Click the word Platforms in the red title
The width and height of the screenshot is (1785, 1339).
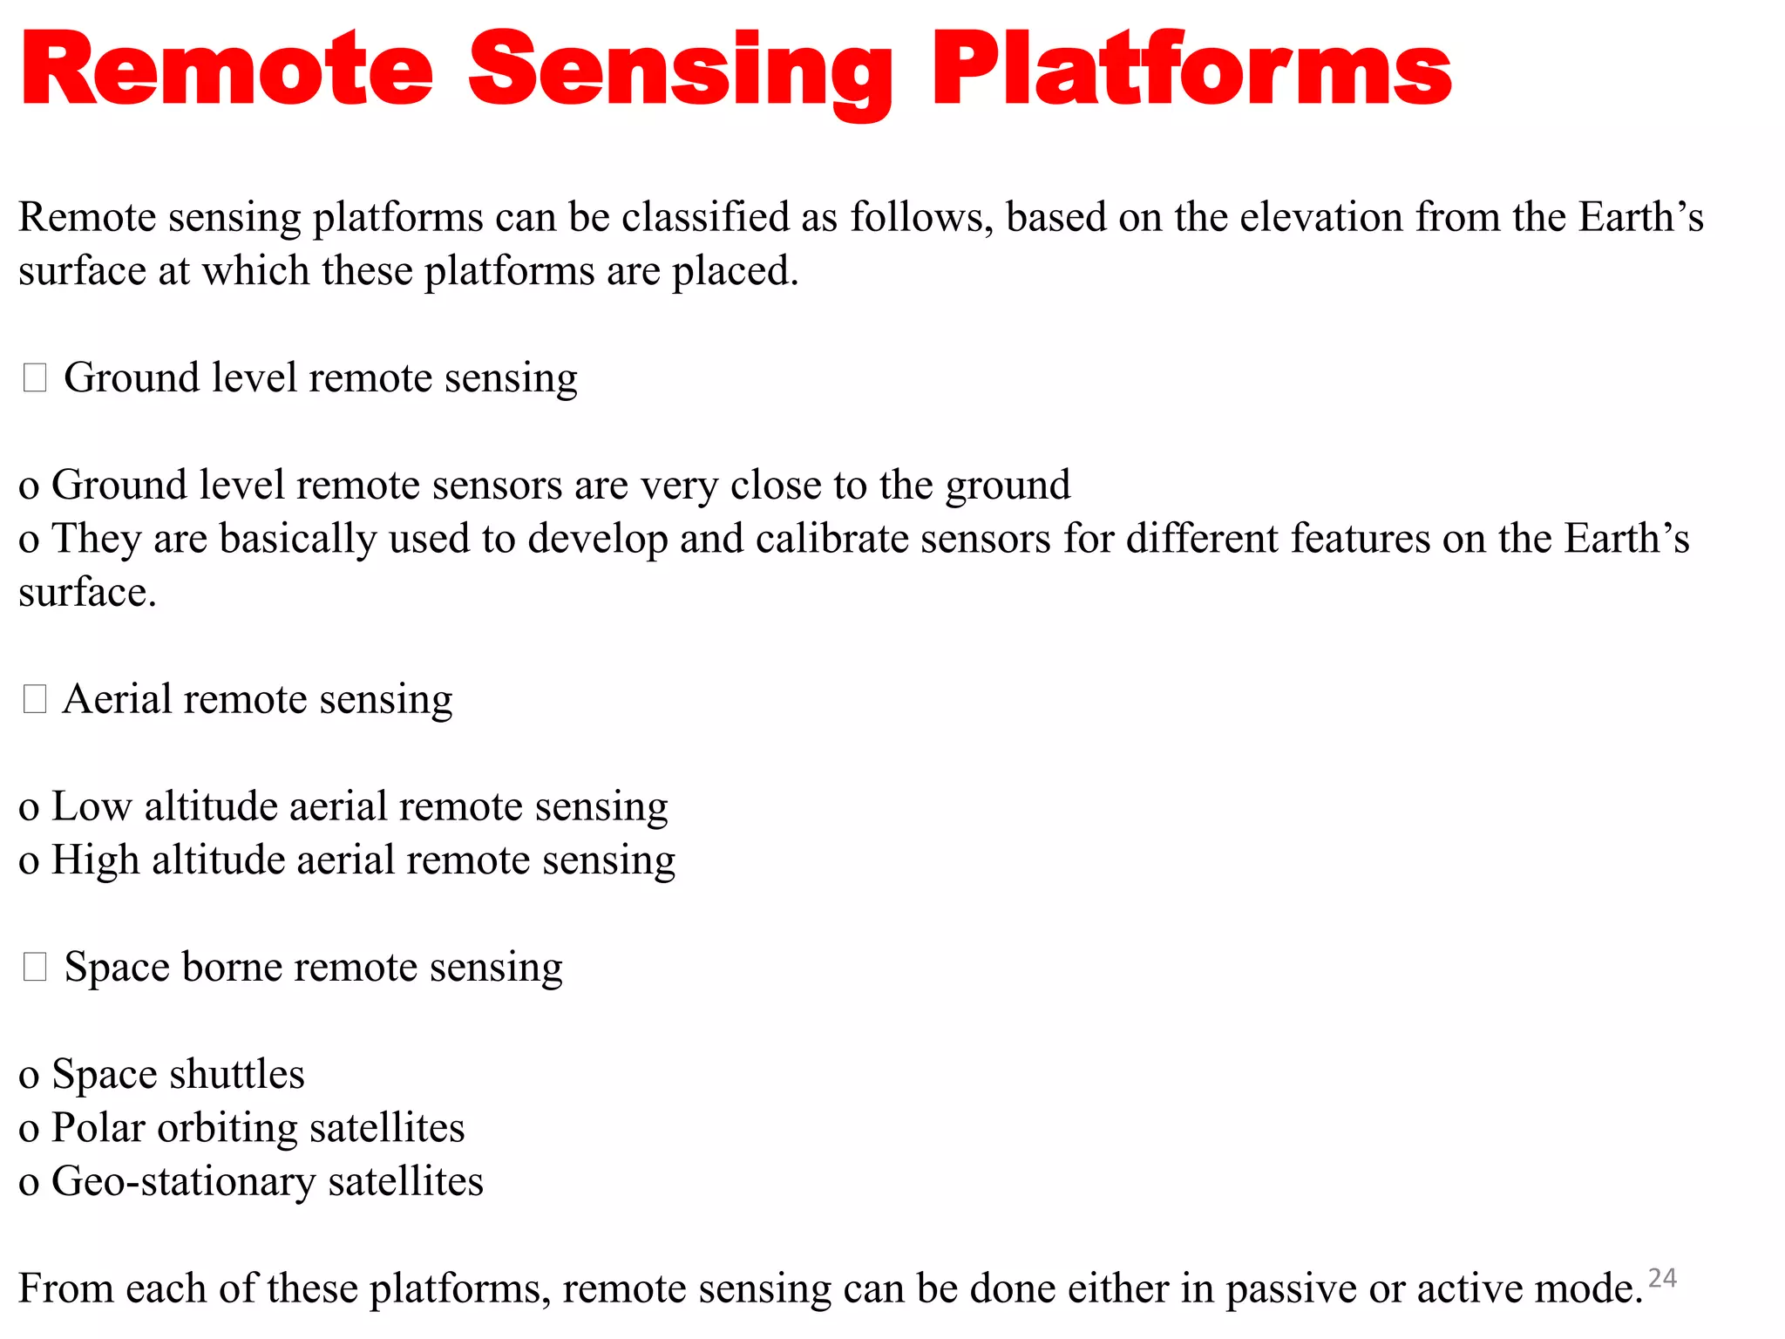[x=1191, y=70]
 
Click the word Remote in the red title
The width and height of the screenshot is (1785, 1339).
[x=227, y=70]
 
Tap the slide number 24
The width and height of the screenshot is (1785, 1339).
[x=1662, y=1278]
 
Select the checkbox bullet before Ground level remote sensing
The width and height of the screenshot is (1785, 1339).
[x=35, y=377]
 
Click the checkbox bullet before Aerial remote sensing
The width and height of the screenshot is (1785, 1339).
[x=35, y=699]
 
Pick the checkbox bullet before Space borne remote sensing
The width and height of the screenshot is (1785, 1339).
[x=35, y=967]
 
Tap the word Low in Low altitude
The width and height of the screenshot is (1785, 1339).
[x=92, y=806]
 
